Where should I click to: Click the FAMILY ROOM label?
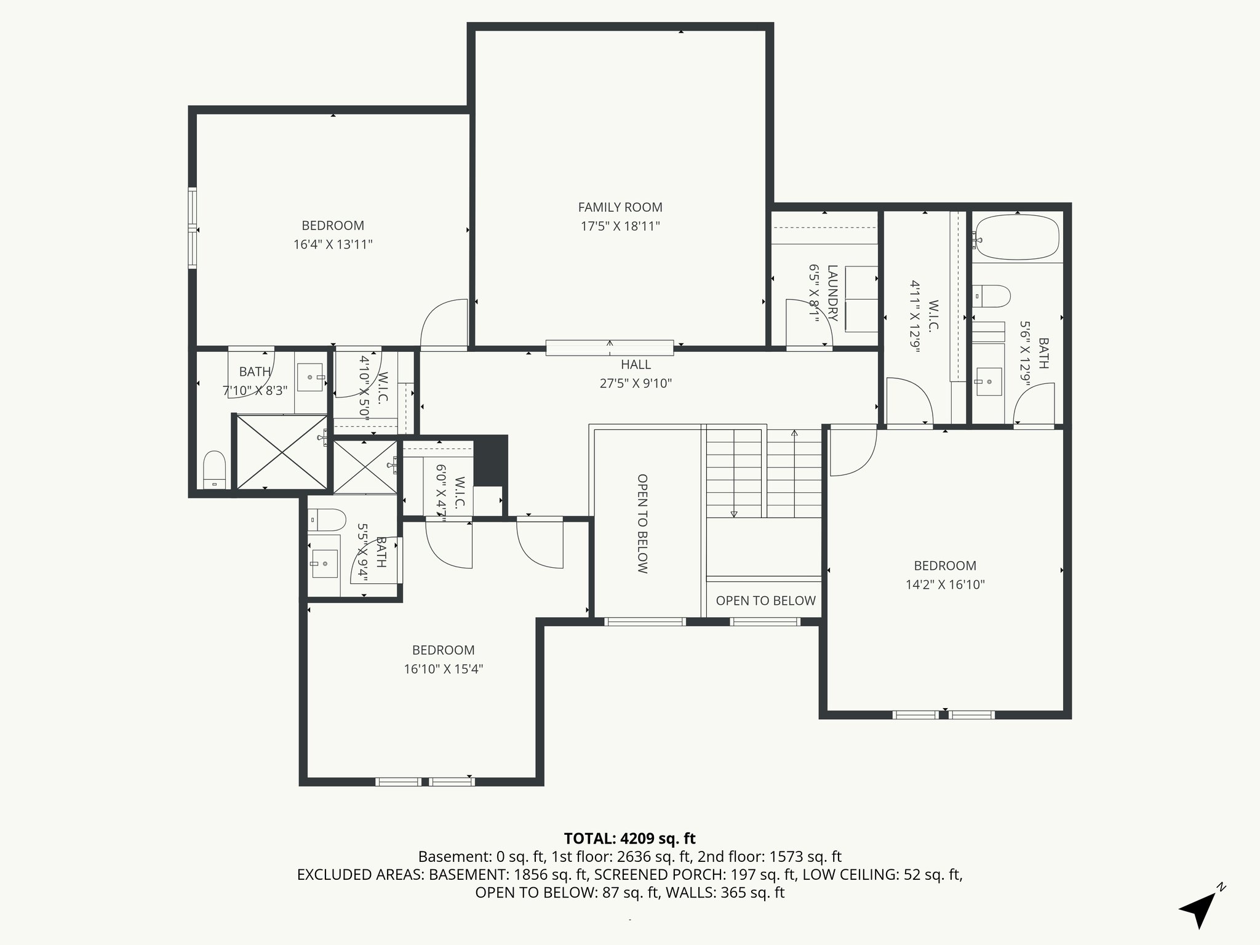coord(620,207)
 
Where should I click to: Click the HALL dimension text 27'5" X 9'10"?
coord(636,383)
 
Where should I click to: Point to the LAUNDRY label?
coord(832,293)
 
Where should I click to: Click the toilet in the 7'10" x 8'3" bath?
coord(215,469)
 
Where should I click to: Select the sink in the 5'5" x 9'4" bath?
coord(324,563)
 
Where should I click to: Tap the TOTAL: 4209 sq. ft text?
coord(629,839)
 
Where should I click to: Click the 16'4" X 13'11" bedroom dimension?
coord(333,244)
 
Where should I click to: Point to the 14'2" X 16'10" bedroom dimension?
coord(944,584)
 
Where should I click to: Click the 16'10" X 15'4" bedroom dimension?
coord(443,669)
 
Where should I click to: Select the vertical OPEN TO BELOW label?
coord(642,524)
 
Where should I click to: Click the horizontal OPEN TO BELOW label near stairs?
coord(765,600)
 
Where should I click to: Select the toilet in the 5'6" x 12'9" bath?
coord(992,296)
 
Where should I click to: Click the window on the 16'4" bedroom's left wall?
coord(193,228)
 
